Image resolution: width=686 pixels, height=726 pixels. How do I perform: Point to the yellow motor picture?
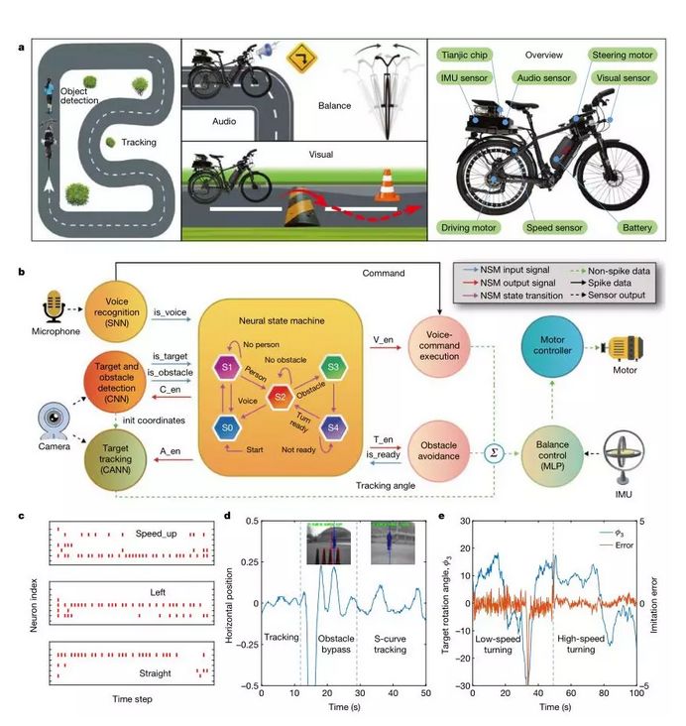(631, 348)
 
